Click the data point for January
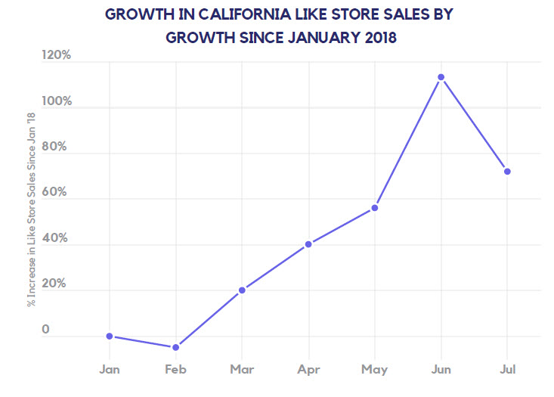click(110, 336)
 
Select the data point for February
click(175, 347)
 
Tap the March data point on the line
click(242, 290)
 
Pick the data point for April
click(308, 244)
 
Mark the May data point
click(375, 208)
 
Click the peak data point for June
click(441, 77)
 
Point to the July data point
click(507, 172)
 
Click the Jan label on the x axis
click(110, 369)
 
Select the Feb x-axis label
click(175, 369)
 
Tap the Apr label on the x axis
click(308, 369)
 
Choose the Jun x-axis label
click(441, 369)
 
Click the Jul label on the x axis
click(507, 369)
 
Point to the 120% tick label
click(56, 55)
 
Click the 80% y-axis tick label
click(57, 147)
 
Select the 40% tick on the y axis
click(57, 238)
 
